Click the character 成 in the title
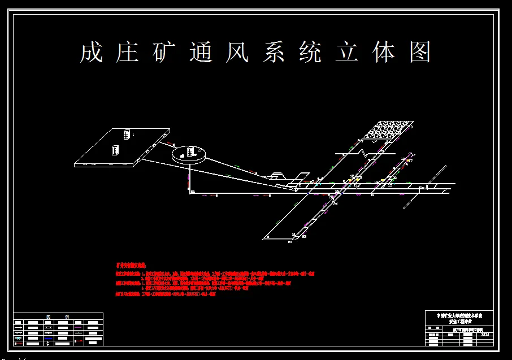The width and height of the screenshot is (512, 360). (x=91, y=53)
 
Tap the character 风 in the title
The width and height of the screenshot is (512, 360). (x=237, y=53)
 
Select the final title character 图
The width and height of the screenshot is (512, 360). (x=420, y=53)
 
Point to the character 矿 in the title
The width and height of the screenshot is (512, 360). (x=164, y=53)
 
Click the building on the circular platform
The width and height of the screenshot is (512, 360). (x=191, y=151)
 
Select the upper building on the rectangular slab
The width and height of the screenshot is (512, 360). (x=126, y=134)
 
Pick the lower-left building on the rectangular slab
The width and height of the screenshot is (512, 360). (x=115, y=151)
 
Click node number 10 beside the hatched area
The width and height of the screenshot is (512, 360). (x=411, y=128)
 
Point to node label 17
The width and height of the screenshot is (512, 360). (x=410, y=161)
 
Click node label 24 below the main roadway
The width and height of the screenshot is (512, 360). (x=335, y=203)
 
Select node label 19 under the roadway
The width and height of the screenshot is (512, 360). (x=372, y=195)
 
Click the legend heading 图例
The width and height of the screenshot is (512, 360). (x=58, y=316)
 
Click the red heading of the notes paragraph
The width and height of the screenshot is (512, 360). (x=131, y=264)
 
